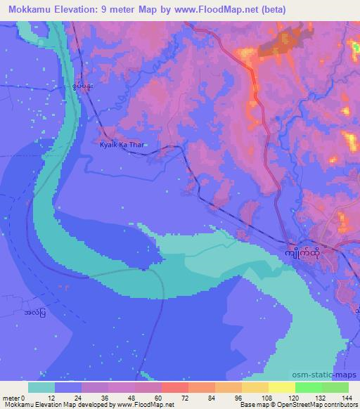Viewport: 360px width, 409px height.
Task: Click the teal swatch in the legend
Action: click(41, 387)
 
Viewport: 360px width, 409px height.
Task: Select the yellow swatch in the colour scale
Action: click(281, 387)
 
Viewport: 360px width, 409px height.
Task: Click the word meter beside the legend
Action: click(12, 397)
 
